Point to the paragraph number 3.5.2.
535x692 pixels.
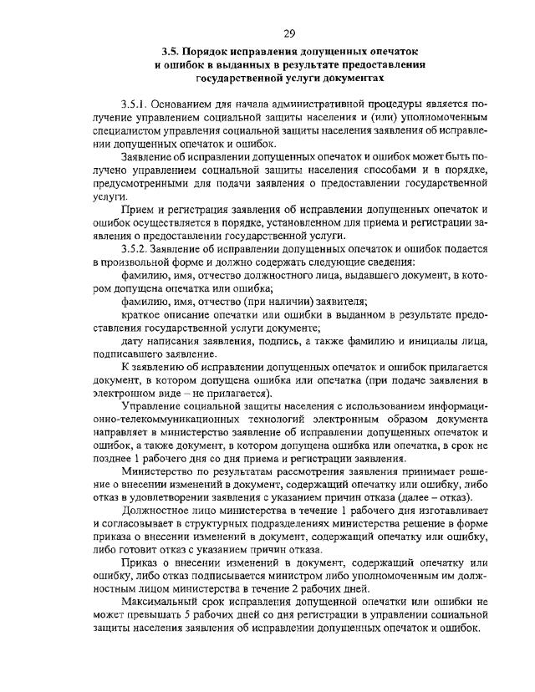135,249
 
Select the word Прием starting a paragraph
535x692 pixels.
138,208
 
